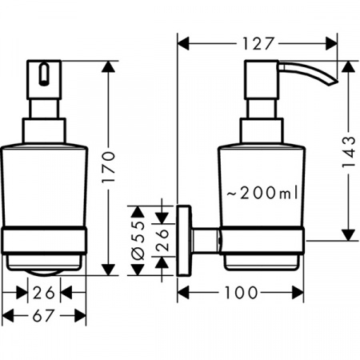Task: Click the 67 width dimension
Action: [x=43, y=316]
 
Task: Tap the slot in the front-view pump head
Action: [x=43, y=77]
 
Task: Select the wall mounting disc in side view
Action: [x=186, y=238]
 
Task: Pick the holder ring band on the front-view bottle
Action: [x=43, y=241]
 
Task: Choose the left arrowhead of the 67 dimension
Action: [x=6, y=316]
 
